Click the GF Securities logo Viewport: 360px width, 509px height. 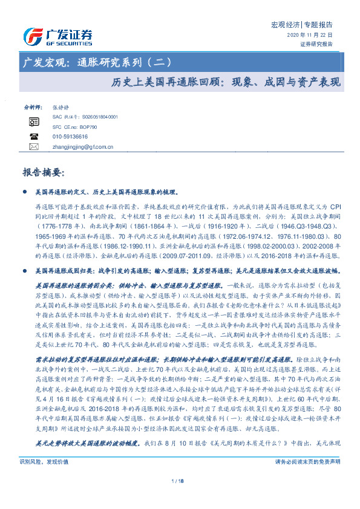coord(57,36)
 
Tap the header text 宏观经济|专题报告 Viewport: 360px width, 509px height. coord(301,25)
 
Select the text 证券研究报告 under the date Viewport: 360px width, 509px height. coord(316,44)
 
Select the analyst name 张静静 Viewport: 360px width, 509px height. coord(61,106)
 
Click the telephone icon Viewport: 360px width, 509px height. coord(34,137)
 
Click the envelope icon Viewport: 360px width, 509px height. coord(34,146)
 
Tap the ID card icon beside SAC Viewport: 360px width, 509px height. coord(34,122)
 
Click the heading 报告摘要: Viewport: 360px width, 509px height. coord(42,172)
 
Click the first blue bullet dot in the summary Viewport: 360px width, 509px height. coord(24,192)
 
